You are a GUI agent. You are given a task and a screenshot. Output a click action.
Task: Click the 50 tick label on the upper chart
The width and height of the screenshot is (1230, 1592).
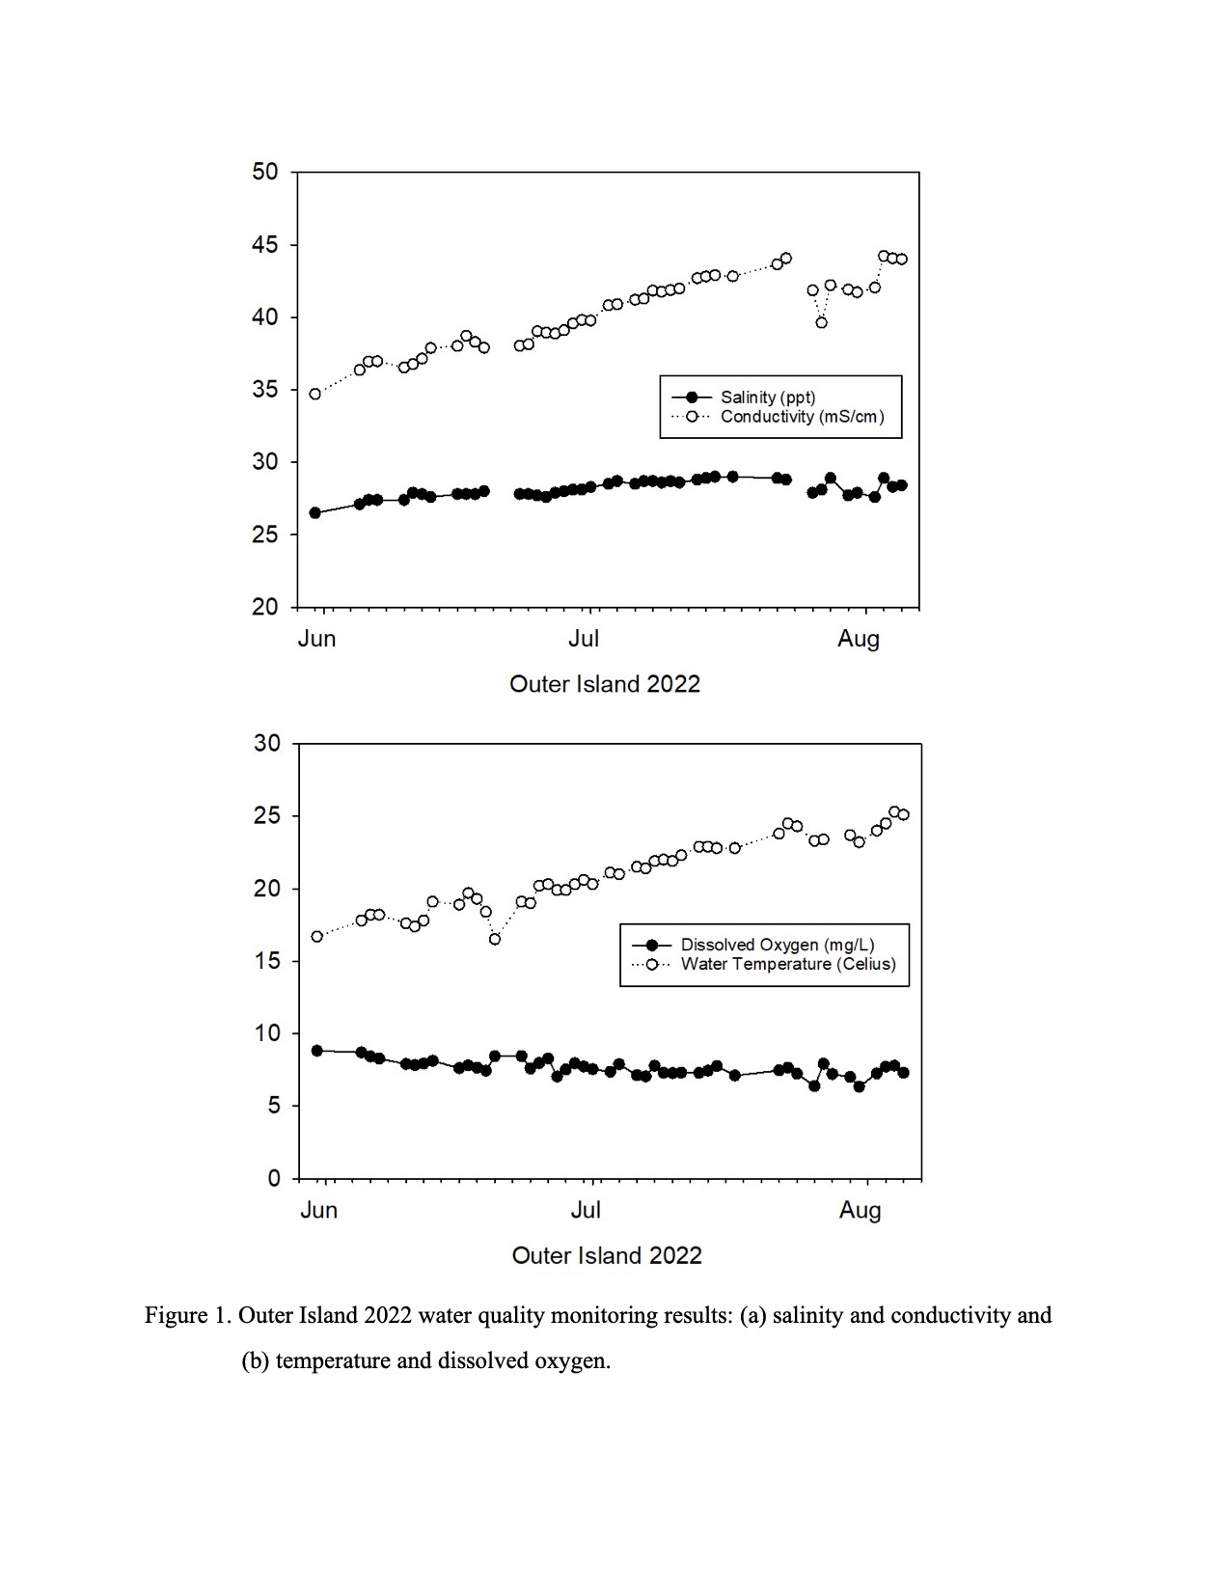click(265, 172)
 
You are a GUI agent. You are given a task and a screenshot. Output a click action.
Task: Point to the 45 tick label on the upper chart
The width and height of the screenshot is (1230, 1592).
click(265, 245)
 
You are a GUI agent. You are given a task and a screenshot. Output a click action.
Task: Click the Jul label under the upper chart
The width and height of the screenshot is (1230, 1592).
click(584, 639)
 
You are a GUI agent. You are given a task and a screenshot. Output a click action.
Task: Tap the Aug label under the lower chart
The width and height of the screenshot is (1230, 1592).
click(861, 1210)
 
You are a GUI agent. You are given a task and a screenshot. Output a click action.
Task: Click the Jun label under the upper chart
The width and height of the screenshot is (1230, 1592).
click(316, 639)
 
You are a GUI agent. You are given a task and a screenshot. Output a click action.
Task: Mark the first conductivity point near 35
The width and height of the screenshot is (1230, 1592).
click(315, 395)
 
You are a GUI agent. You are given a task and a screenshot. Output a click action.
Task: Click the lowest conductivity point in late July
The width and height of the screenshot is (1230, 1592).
click(821, 322)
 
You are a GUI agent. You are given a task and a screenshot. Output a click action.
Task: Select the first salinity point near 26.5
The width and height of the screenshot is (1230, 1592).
click(315, 513)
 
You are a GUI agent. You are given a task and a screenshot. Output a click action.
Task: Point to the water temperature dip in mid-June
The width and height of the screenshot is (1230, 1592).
click(495, 939)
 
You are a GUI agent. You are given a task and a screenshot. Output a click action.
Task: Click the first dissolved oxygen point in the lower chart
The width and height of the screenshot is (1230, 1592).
click(316, 1051)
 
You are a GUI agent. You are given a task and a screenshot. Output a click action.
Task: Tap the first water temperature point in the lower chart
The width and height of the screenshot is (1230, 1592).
click(316, 936)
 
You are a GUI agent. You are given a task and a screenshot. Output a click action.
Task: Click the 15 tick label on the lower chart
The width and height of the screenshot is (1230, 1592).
click(266, 961)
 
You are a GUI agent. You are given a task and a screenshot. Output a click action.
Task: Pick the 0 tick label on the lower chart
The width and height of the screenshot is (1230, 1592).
click(274, 1179)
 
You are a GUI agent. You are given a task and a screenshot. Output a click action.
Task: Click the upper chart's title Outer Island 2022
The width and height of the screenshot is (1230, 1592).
click(604, 684)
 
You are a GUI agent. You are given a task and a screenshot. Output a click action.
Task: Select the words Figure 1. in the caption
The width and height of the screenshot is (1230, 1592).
click(187, 1316)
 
